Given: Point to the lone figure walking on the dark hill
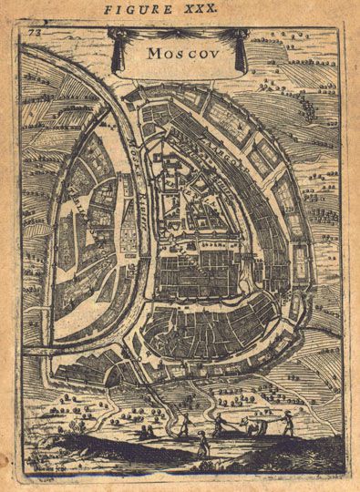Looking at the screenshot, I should (x=201, y=444).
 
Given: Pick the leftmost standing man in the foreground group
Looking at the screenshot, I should (x=182, y=422).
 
